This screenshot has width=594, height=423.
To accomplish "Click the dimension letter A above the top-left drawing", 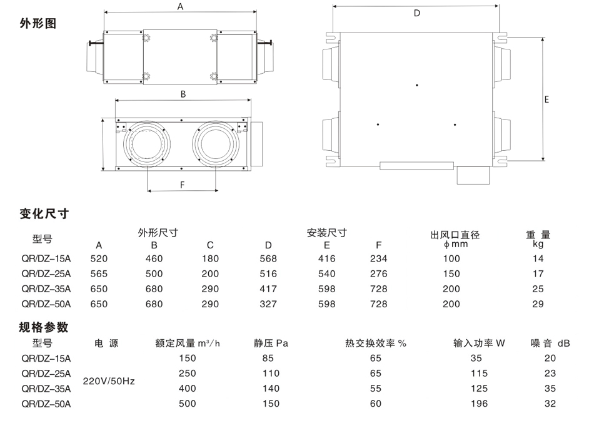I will [x=180, y=7].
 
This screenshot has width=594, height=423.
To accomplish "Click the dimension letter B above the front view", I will [x=183, y=94].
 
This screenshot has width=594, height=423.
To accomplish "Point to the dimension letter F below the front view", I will [x=183, y=185].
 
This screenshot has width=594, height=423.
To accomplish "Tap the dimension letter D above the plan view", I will [x=417, y=13].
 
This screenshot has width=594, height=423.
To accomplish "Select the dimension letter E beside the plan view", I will [x=546, y=99].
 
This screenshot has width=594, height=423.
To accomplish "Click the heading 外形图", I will [x=39, y=24].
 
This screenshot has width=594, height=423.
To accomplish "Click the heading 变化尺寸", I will [x=44, y=214].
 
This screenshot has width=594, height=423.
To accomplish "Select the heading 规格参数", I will [x=44, y=327].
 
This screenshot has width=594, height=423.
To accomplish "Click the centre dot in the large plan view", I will [x=417, y=84].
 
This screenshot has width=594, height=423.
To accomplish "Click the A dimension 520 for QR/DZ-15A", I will [x=99, y=258].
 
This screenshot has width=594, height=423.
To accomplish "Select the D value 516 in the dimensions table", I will [x=268, y=273].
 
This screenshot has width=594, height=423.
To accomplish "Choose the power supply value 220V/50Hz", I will [x=109, y=380].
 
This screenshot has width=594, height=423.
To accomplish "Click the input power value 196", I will [x=479, y=404].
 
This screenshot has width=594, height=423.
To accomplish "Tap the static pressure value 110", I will [x=271, y=373].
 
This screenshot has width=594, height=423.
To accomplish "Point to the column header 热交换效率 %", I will [x=376, y=344].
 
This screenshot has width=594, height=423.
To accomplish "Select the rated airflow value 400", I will [x=187, y=388].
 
